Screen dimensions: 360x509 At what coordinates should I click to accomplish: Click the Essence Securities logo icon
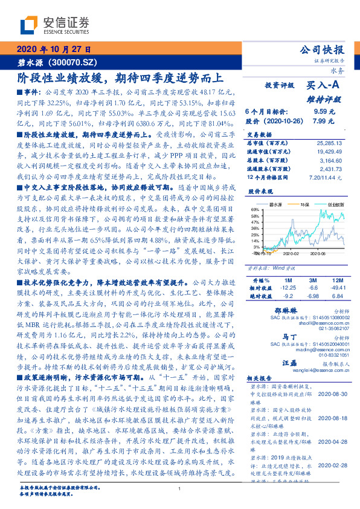click(31, 24)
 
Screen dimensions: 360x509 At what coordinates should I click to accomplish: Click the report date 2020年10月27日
click(54, 50)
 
